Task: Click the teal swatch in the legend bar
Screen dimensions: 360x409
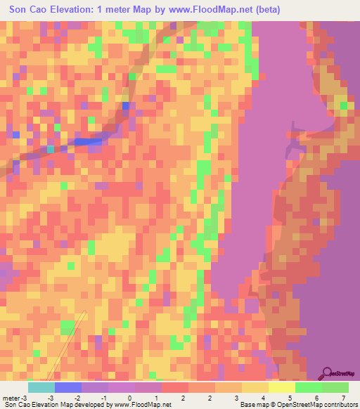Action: point(41,388)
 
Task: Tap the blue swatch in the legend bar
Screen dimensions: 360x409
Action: point(68,388)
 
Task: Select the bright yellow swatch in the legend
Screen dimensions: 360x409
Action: point(282,388)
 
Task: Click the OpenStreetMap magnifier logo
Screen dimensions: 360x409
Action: point(327,372)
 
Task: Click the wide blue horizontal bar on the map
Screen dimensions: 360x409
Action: point(88,141)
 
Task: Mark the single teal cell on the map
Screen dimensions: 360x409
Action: point(51,149)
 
